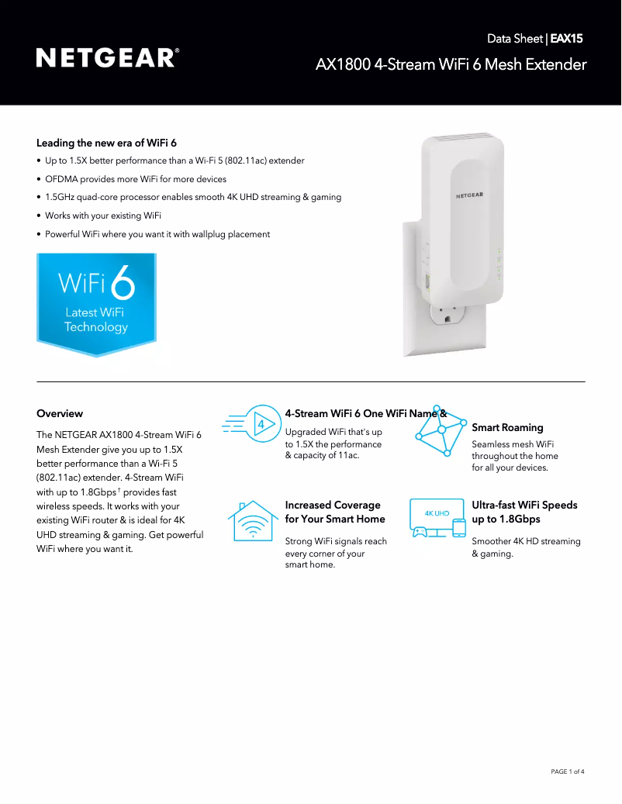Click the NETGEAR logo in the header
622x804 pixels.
[107, 58]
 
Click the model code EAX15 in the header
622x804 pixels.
[566, 37]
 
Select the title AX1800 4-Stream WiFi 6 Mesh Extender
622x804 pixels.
[451, 64]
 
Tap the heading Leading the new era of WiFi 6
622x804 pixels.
[106, 143]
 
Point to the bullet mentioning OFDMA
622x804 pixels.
[136, 179]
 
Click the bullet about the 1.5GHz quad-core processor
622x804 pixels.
[193, 197]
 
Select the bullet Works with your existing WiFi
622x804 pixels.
[102, 216]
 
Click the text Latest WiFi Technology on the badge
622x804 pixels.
[95, 319]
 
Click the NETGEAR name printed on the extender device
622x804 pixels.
[468, 195]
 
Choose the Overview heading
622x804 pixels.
[60, 413]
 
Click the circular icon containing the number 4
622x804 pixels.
[261, 424]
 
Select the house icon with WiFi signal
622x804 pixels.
[253, 521]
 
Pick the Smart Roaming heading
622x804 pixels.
[507, 427]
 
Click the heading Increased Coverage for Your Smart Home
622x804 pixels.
[335, 512]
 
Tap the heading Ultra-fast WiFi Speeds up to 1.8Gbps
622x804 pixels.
[524, 512]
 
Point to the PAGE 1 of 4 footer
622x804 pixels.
[567, 771]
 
